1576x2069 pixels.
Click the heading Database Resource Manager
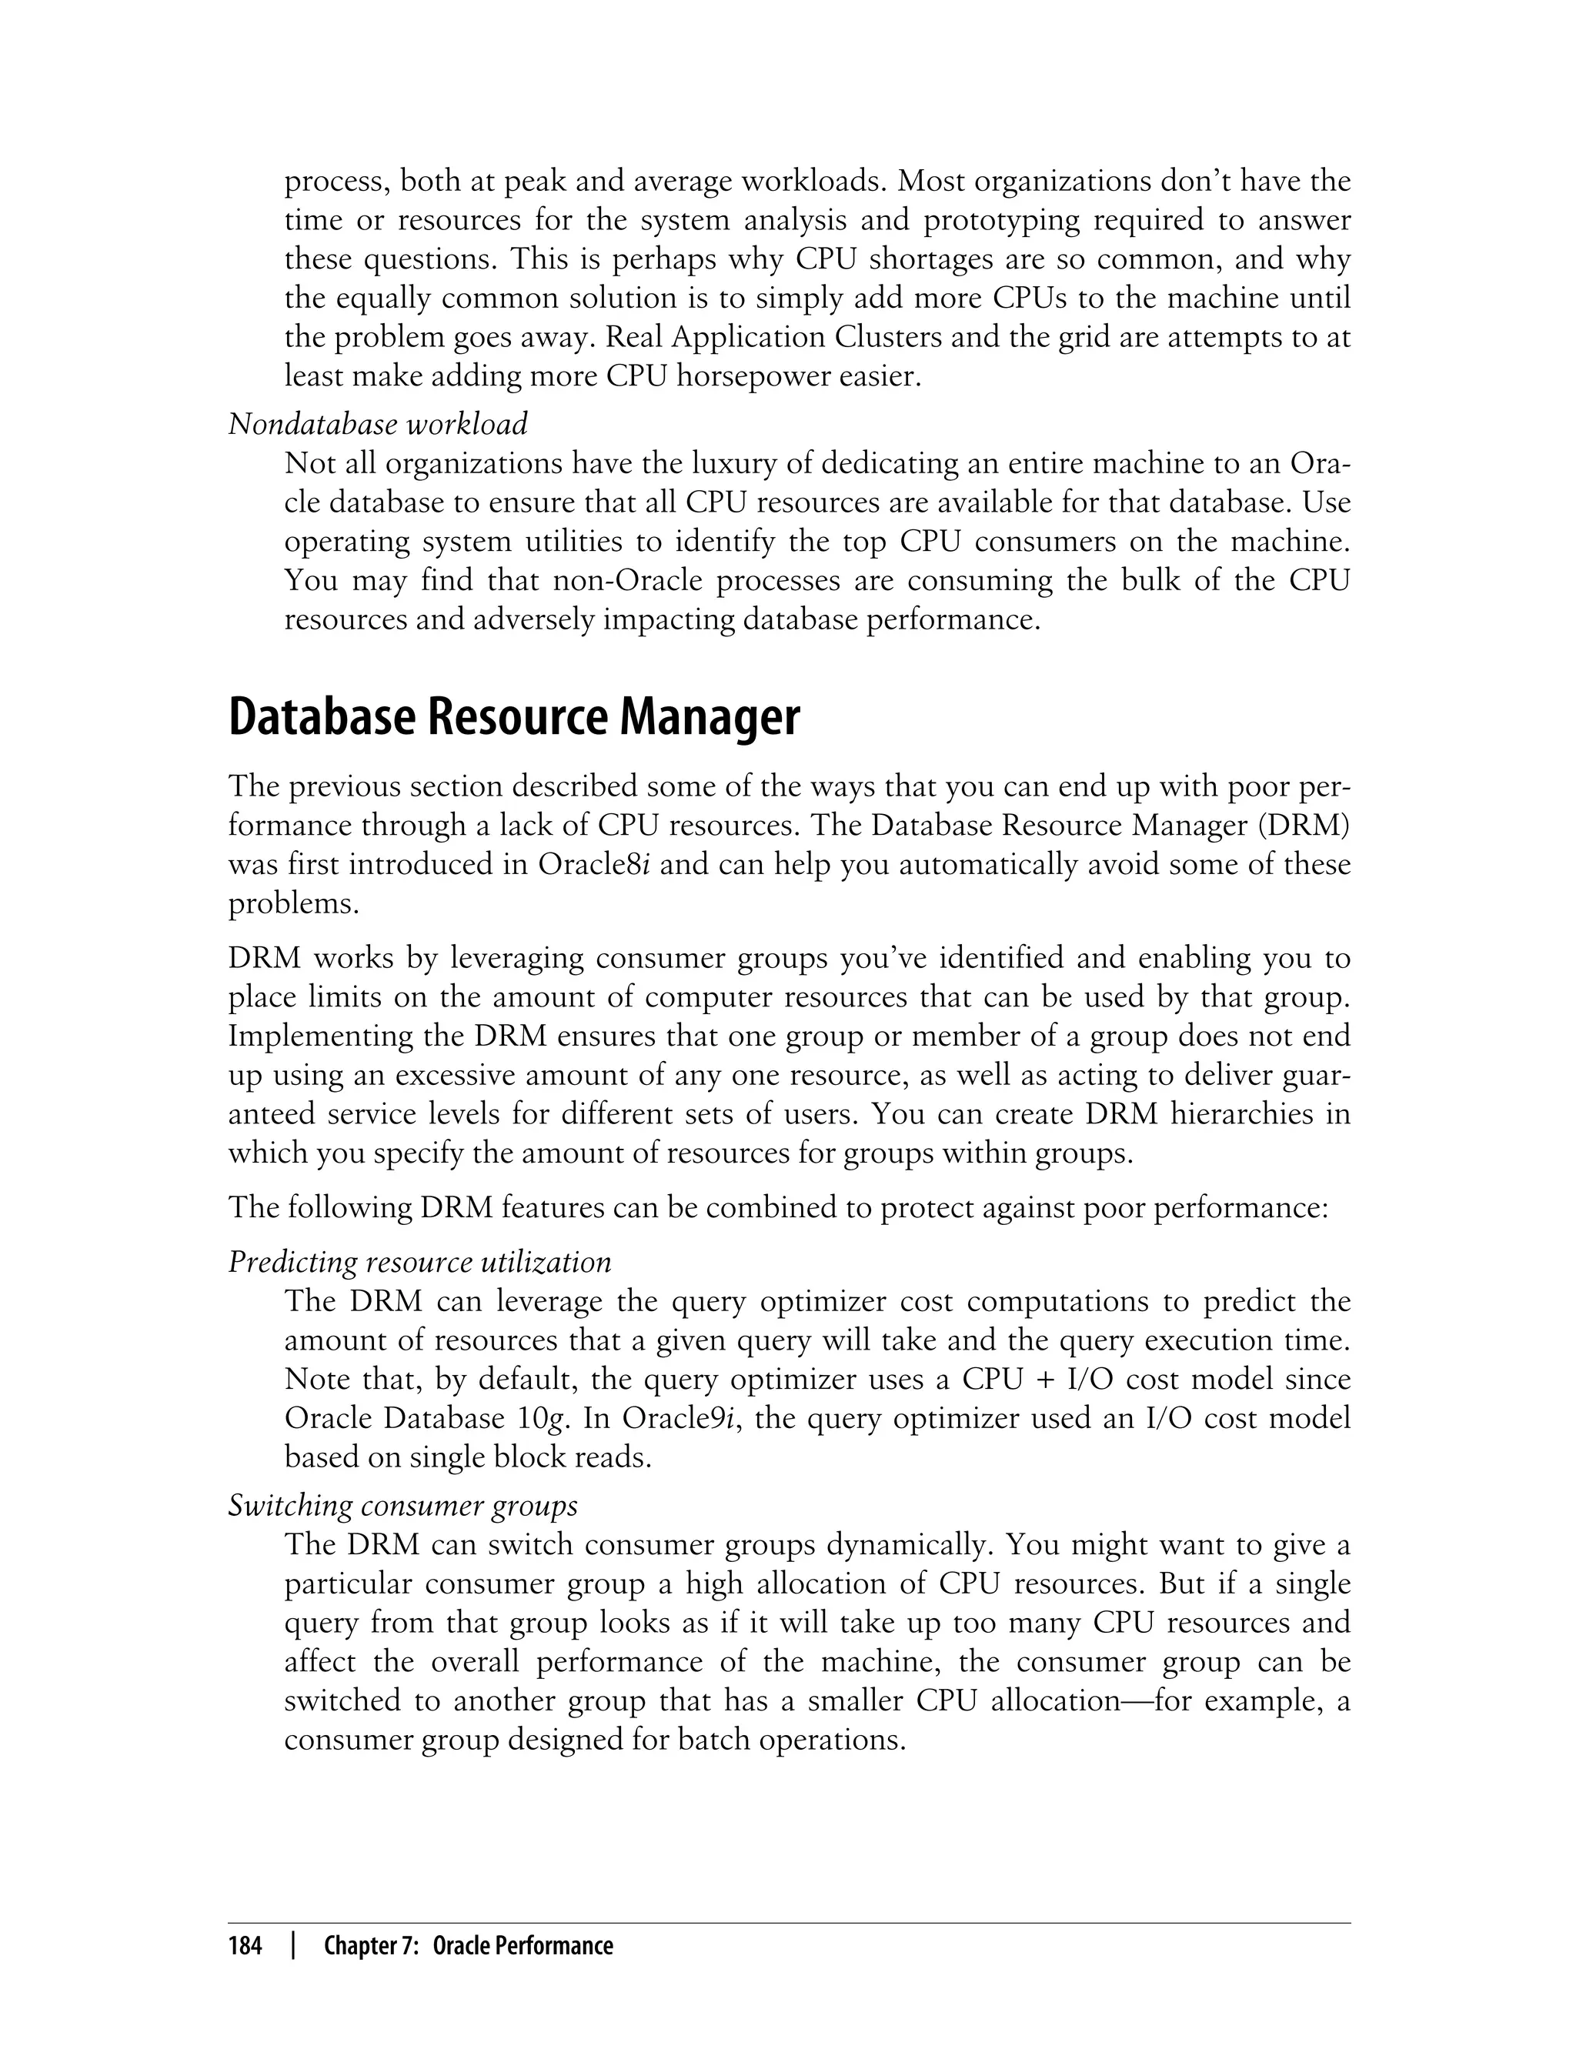(514, 717)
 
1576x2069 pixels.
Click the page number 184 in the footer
(245, 1946)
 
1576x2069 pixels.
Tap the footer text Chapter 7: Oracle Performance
(468, 1946)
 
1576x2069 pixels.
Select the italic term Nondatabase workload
(378, 424)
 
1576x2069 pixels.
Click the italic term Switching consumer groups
(402, 1505)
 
